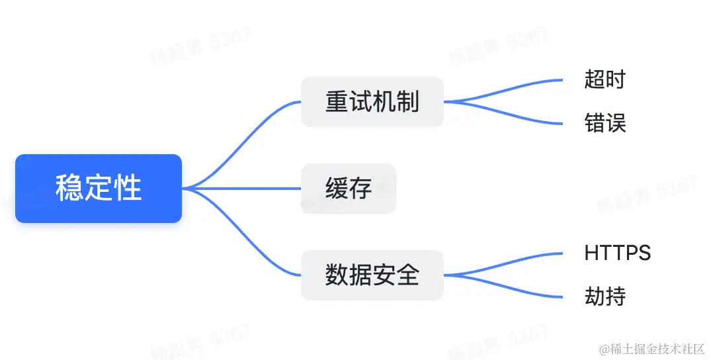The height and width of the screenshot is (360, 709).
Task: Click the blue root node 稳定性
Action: pyautogui.click(x=99, y=189)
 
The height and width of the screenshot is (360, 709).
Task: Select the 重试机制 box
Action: pyautogui.click(x=372, y=102)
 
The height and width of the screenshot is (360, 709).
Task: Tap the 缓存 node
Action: pyautogui.click(x=349, y=189)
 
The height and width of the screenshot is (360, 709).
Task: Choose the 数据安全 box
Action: pyautogui.click(x=372, y=275)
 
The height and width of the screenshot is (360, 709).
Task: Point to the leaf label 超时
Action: pyautogui.click(x=605, y=80)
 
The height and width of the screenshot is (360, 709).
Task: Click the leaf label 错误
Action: pyautogui.click(x=605, y=123)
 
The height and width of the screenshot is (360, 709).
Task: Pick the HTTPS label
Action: pyautogui.click(x=617, y=252)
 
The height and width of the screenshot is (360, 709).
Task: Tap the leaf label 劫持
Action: pyautogui.click(x=605, y=296)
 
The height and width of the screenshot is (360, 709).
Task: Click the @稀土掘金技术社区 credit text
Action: pyautogui.click(x=651, y=348)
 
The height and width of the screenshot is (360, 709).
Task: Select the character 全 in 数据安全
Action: pyautogui.click(x=408, y=275)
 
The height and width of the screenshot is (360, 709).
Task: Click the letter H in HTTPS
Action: pyautogui.click(x=591, y=252)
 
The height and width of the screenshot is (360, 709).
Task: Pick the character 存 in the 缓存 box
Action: pyautogui.click(x=360, y=189)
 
